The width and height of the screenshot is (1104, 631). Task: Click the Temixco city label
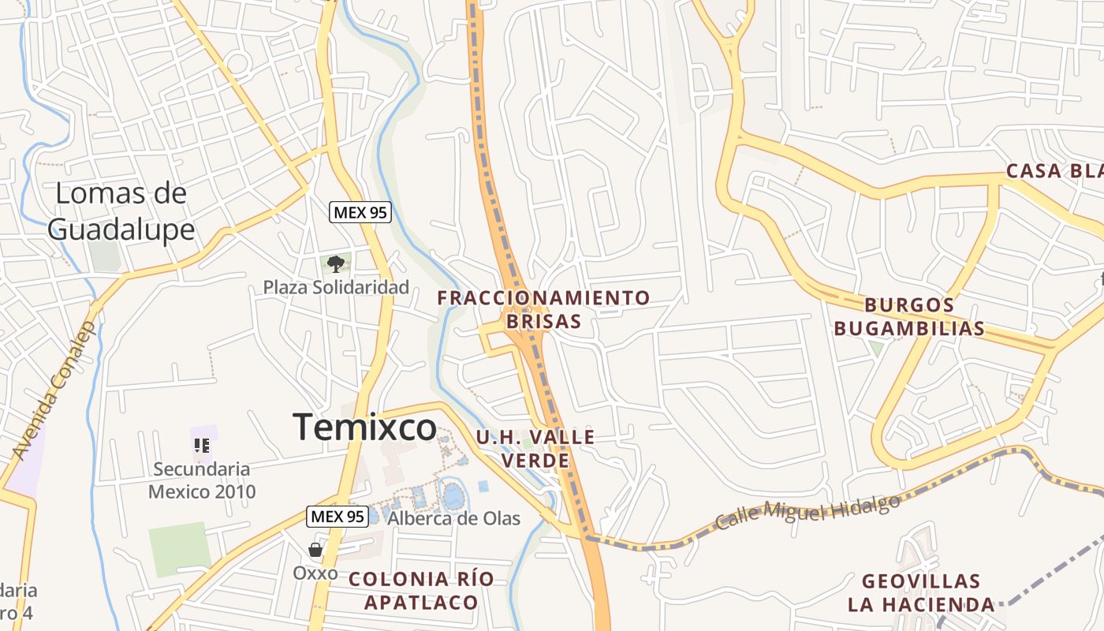tap(364, 428)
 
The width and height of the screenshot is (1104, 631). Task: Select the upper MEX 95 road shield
tap(360, 212)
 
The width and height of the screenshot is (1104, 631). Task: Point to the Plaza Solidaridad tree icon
tap(336, 263)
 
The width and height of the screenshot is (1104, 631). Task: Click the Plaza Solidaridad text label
tap(336, 287)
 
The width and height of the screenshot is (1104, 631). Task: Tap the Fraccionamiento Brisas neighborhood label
tap(544, 309)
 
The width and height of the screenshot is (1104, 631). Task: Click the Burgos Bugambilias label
tap(909, 316)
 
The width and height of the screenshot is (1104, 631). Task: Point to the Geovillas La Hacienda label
tap(921, 593)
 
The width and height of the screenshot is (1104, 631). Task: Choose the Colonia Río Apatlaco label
tap(421, 590)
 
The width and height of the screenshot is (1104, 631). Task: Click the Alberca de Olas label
tap(454, 518)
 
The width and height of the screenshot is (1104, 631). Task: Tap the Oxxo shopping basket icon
tap(315, 550)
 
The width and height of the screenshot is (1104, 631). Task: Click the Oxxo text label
tap(315, 573)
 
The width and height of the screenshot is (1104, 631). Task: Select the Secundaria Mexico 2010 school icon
tap(203, 446)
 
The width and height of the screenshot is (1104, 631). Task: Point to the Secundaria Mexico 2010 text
tap(202, 480)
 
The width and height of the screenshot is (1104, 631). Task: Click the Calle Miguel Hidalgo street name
tap(807, 512)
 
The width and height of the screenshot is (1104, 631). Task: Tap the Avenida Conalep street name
tap(54, 390)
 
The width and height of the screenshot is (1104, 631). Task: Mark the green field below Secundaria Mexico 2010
tap(181, 549)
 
